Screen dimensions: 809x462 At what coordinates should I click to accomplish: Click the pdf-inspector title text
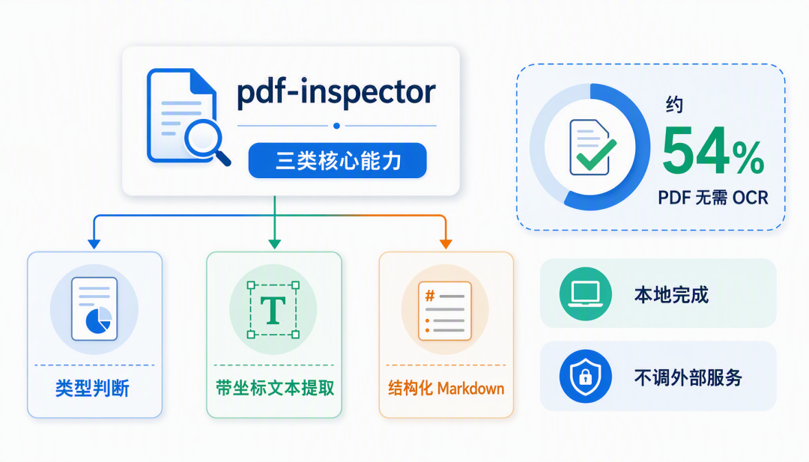(336, 93)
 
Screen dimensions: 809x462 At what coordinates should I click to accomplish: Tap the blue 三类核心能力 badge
(337, 160)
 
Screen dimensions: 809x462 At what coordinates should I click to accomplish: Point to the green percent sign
(748, 158)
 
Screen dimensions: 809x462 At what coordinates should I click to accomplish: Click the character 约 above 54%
(674, 105)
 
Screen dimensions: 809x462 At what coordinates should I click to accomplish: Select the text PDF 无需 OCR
(713, 198)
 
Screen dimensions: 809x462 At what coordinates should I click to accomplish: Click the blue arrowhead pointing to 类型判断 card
(94, 244)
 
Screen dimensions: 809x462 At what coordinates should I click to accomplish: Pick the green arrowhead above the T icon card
(274, 244)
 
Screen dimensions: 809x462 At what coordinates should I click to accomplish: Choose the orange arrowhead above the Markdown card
(446, 244)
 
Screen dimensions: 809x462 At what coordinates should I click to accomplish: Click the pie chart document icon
(94, 308)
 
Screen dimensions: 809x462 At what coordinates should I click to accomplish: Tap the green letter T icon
(273, 310)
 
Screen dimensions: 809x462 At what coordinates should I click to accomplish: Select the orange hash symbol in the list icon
(430, 296)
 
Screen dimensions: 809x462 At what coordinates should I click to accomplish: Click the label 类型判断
(92, 388)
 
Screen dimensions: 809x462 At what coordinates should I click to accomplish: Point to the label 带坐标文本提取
(274, 388)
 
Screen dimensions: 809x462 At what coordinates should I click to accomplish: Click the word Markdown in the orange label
(470, 389)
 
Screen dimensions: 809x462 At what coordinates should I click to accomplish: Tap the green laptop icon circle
(586, 294)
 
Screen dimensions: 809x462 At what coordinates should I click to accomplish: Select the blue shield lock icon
(586, 377)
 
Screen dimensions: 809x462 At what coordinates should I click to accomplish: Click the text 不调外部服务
(688, 377)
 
